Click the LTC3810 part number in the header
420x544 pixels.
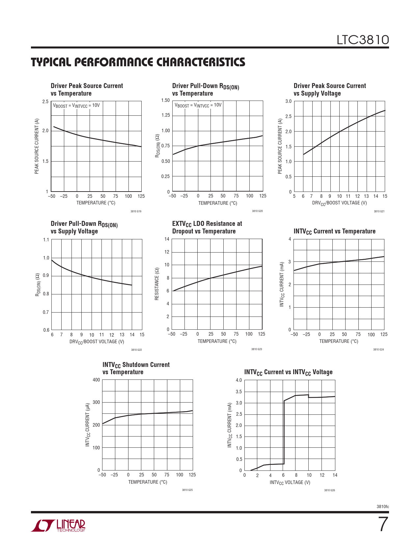click(x=362, y=40)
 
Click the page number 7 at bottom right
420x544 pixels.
click(x=383, y=524)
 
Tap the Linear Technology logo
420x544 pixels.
click(x=58, y=526)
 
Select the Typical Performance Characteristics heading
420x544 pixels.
click(x=138, y=62)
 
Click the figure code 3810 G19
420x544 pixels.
click(x=136, y=211)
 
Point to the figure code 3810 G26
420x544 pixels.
click(x=329, y=490)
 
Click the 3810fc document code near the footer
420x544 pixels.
click(x=382, y=506)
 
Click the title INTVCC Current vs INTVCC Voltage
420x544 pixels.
click(x=288, y=372)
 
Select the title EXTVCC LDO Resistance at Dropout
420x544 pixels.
click(x=207, y=227)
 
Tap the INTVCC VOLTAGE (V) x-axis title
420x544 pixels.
click(x=290, y=482)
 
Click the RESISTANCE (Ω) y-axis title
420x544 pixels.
click(x=157, y=284)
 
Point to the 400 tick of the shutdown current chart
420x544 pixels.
click(x=96, y=380)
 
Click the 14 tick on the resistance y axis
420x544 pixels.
click(x=167, y=239)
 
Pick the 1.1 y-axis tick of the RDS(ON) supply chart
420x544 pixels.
click(x=46, y=240)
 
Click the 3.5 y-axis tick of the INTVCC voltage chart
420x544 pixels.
click(x=239, y=392)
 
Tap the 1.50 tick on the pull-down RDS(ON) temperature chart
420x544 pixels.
click(x=166, y=100)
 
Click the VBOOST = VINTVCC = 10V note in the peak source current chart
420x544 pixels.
click(x=76, y=106)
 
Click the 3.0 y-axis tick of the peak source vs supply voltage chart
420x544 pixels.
click(x=288, y=101)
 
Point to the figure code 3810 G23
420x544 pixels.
click(x=257, y=349)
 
